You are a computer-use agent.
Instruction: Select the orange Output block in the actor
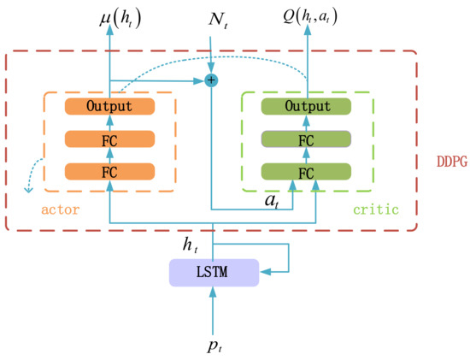(x=109, y=107)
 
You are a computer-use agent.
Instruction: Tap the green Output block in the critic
(x=307, y=107)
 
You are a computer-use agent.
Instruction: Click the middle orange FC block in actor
(x=109, y=139)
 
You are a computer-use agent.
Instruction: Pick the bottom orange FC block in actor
(x=109, y=171)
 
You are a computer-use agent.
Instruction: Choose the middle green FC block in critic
(x=307, y=139)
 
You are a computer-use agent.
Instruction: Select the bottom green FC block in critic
(x=307, y=171)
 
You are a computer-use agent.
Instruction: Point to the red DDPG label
(x=446, y=161)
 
